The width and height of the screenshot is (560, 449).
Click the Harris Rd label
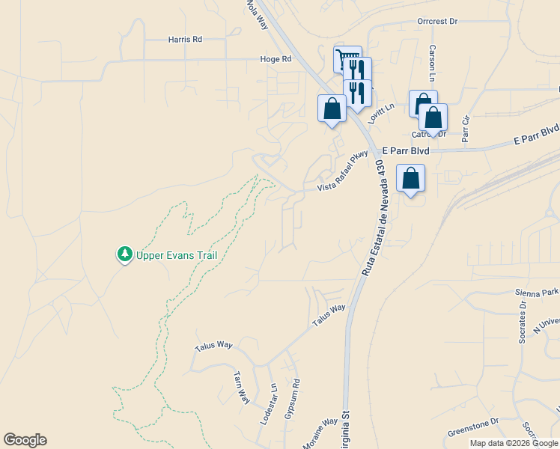[185, 39]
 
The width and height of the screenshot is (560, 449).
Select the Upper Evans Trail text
[177, 255]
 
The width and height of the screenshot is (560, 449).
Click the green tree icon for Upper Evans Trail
[124, 255]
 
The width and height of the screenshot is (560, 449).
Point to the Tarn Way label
[241, 387]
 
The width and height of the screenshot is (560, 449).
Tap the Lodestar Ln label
[269, 405]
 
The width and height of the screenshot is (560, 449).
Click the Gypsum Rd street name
[291, 397]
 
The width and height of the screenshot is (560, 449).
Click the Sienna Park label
[537, 293]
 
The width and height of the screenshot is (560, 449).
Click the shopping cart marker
[347, 58]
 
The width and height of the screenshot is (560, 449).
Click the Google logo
[25, 440]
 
